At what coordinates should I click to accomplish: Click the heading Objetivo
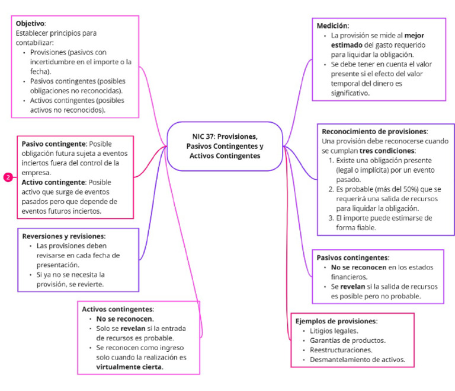click(30, 23)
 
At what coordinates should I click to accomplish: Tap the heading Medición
click(332, 26)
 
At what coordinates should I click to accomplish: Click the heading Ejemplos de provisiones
click(336, 321)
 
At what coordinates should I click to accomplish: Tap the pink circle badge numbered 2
click(8, 177)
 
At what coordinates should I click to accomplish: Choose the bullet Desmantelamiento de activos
click(357, 360)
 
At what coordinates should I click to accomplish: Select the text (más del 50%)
click(386, 189)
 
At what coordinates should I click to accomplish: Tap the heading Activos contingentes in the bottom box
click(117, 309)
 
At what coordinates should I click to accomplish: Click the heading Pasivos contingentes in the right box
click(353, 258)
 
